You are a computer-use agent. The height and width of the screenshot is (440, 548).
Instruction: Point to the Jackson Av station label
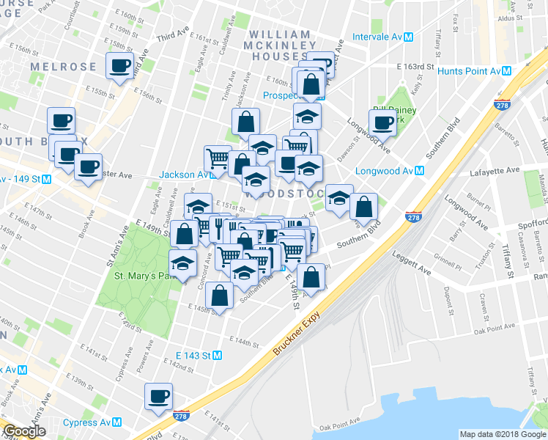pyautogui.click(x=184, y=175)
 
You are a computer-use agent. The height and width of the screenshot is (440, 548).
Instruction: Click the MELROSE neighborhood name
pyautogui.click(x=63, y=67)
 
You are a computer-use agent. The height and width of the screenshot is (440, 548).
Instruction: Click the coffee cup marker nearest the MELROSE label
pyautogui.click(x=119, y=65)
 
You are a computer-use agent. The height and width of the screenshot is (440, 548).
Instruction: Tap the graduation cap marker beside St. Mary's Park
pyautogui.click(x=183, y=263)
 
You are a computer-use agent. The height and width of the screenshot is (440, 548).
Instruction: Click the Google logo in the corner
pyautogui.click(x=24, y=432)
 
